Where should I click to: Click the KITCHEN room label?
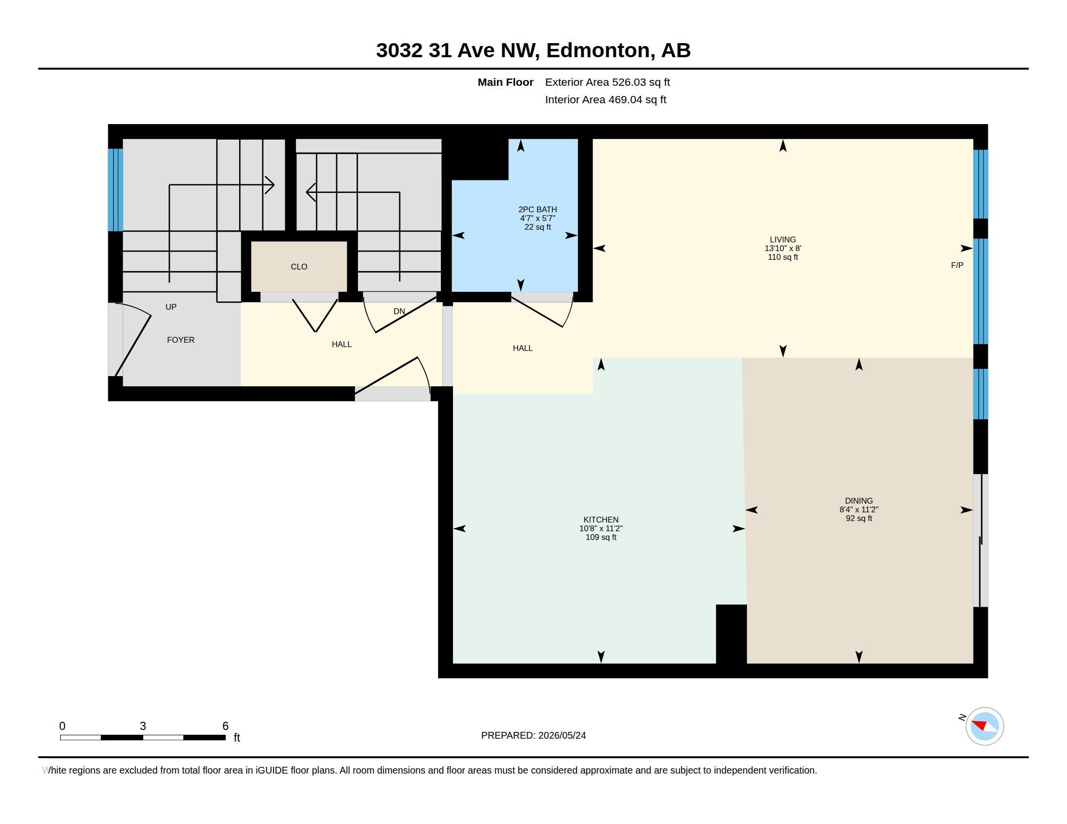(x=600, y=520)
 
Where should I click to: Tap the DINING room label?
(x=858, y=500)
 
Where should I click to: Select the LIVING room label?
(x=783, y=239)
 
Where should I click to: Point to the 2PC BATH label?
(x=537, y=209)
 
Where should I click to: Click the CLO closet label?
(x=299, y=267)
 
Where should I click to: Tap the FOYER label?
(x=181, y=340)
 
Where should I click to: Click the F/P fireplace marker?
(x=957, y=265)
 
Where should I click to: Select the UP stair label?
(x=171, y=306)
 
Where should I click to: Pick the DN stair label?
(x=399, y=311)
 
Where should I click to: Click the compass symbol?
(x=985, y=726)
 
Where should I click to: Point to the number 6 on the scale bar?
(x=225, y=726)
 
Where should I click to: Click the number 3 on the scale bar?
(x=143, y=726)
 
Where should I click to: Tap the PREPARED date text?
(x=533, y=735)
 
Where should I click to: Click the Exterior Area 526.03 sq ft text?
(x=607, y=82)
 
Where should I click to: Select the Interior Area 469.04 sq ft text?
(x=605, y=99)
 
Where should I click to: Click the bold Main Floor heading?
(x=505, y=82)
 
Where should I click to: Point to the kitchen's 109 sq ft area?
(x=601, y=537)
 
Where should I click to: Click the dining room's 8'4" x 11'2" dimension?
(x=859, y=509)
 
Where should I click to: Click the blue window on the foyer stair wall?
(x=115, y=190)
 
